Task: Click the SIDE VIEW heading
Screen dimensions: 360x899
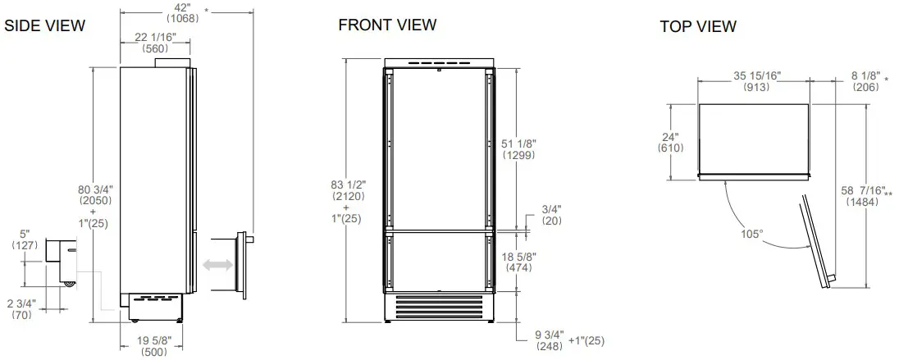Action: point(44,25)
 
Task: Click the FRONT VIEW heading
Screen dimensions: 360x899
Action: point(387,25)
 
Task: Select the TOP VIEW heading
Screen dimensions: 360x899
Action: point(698,26)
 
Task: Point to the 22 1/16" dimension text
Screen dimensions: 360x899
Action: point(154,38)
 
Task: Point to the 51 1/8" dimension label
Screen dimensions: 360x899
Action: point(518,144)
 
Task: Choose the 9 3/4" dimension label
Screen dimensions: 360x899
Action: point(548,337)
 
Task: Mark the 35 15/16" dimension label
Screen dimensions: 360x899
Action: point(756,76)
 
